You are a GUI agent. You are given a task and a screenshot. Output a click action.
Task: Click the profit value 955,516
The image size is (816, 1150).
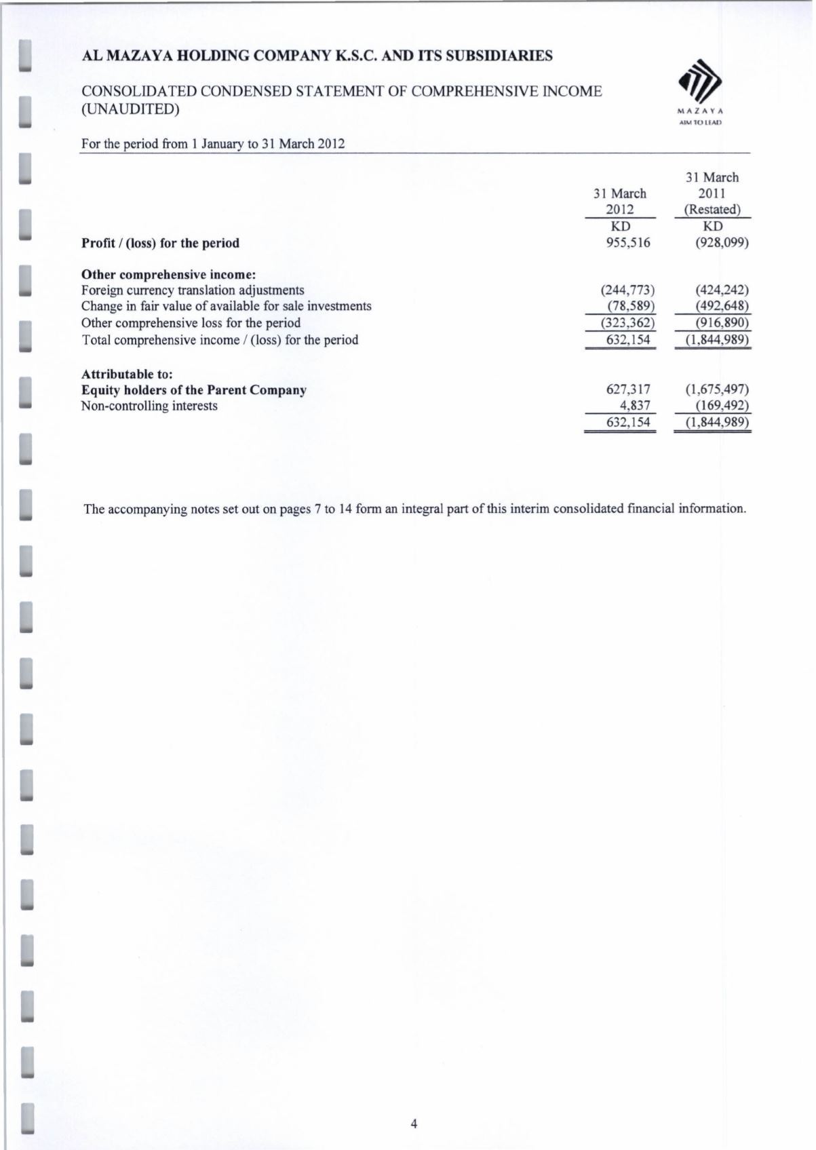click(x=627, y=243)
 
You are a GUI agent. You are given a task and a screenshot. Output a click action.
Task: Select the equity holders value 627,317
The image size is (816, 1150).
click(x=627, y=389)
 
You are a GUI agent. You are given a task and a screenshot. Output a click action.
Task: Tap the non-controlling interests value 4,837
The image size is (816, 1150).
click(x=636, y=406)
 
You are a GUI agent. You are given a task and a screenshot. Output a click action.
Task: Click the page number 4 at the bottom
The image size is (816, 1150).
click(x=414, y=1124)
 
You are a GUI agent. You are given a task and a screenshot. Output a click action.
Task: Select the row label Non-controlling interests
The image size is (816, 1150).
click(x=149, y=406)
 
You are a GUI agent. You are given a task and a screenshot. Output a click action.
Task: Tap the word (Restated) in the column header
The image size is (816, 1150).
click(x=712, y=210)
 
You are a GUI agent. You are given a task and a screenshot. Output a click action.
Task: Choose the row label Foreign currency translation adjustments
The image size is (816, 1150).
click(x=193, y=290)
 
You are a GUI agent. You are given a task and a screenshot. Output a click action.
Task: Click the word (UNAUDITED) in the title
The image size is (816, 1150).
click(x=130, y=109)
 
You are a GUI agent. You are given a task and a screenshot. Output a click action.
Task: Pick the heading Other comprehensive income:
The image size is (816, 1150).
click(x=168, y=275)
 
